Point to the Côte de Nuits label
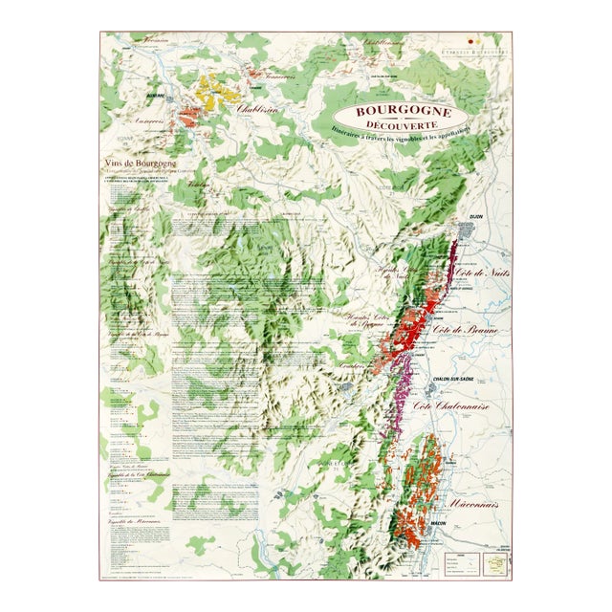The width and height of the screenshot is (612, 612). point(484,276)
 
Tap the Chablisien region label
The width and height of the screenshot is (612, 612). point(257,109)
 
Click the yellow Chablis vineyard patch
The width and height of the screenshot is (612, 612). point(219,93)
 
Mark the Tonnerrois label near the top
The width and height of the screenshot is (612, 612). point(272,75)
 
